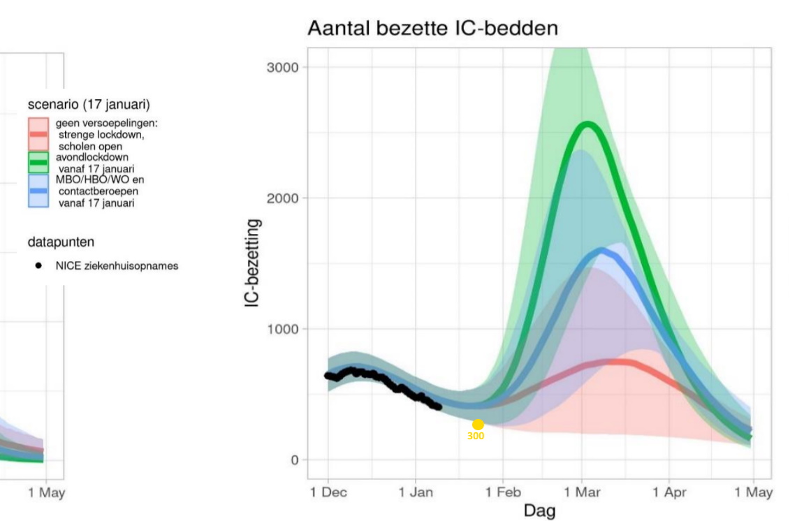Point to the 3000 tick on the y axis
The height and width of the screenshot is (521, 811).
(x=283, y=68)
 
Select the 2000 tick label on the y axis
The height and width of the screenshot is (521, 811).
(x=283, y=198)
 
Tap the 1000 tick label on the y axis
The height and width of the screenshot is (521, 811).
(x=283, y=329)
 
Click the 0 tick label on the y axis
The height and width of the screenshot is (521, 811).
(x=294, y=460)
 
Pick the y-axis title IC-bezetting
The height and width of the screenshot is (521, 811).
(x=254, y=263)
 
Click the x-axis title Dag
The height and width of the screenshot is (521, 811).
(x=539, y=511)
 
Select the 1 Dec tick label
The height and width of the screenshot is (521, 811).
(x=328, y=492)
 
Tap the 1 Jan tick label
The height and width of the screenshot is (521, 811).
(x=416, y=492)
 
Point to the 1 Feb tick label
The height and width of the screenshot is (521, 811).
(x=503, y=492)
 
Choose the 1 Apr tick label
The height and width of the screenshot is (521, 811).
(x=668, y=492)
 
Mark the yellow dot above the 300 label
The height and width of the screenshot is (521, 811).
(x=478, y=425)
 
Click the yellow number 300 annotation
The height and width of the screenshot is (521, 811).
(x=476, y=436)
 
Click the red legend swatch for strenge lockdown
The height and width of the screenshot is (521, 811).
(x=38, y=134)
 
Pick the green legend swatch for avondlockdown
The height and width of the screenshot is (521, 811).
(x=38, y=162)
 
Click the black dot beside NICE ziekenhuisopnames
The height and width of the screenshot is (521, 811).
(x=38, y=265)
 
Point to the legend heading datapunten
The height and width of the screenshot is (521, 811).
(x=61, y=242)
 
